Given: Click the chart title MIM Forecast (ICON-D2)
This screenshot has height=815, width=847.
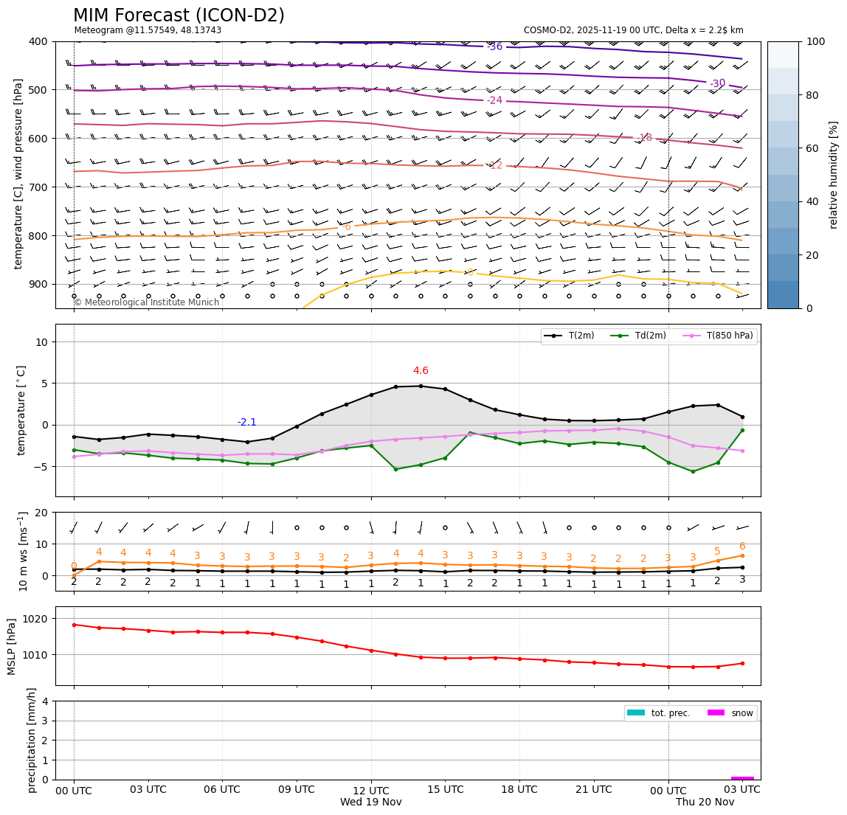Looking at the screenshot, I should point(179,15).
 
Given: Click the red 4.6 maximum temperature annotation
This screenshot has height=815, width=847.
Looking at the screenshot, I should point(421,371).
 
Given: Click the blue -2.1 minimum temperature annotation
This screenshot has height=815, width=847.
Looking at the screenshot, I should point(247,423).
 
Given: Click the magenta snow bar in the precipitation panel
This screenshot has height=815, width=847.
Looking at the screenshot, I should point(742,777).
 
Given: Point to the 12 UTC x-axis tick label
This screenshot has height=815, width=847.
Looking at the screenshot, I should point(371,789).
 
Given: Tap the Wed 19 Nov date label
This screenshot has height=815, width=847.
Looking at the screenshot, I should point(371,802).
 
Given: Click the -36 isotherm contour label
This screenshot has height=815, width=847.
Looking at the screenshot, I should point(495,46).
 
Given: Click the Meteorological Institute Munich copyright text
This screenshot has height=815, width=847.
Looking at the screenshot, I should point(147,302).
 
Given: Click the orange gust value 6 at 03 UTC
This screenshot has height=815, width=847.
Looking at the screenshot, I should point(742,547).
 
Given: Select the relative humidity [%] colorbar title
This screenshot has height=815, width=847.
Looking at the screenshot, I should point(834,175).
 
